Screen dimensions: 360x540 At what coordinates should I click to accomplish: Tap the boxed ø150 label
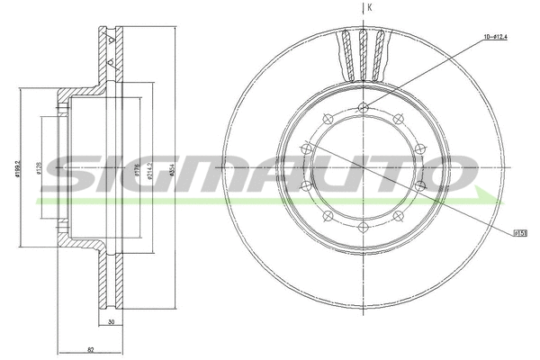519,232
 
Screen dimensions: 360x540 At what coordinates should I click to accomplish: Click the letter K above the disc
370,7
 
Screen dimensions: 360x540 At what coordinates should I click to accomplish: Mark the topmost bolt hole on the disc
364,109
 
